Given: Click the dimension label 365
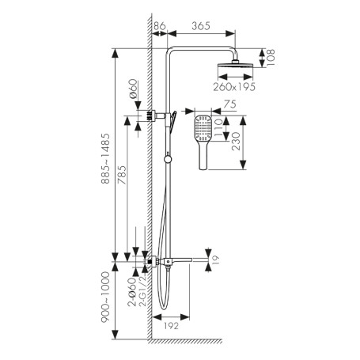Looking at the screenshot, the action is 201,26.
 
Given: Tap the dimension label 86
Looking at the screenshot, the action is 160,26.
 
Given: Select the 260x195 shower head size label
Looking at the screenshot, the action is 234,87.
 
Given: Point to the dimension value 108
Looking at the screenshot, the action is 271,57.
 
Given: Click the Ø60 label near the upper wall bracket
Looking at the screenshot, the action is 134,89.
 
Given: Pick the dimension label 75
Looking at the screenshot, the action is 229,104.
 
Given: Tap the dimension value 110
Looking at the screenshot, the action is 218,127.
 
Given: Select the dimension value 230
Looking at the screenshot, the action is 236,142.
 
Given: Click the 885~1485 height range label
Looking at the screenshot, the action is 105,158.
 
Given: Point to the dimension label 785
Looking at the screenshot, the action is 122,175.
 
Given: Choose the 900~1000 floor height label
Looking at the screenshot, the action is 105,297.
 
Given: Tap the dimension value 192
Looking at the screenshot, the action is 171,326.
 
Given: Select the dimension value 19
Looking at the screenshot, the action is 216,260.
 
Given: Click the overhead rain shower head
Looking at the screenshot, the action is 235,65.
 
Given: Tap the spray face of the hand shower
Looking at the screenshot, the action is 203,128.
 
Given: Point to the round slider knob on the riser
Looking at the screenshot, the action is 168,159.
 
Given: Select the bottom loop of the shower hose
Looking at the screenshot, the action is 164,307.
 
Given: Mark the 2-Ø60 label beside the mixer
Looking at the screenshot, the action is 132,292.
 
